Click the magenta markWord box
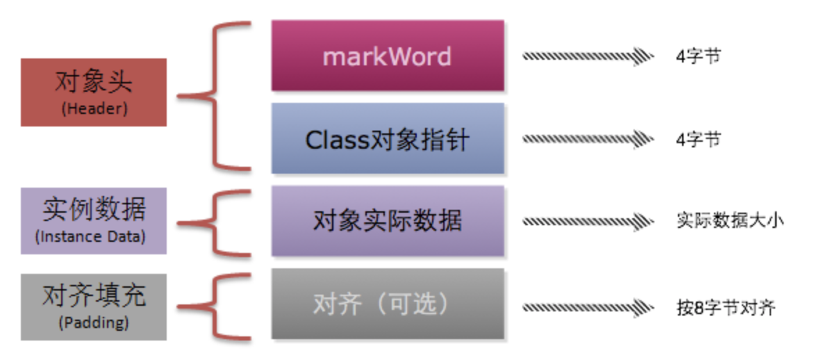pos(387,56)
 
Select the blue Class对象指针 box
pos(387,138)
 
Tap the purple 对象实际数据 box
pos(387,221)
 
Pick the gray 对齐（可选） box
pos(387,304)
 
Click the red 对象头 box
pos(94,92)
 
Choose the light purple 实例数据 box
pos(94,220)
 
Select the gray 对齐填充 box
pos(94,306)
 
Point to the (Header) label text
pos(94,110)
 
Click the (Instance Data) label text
pos(90,237)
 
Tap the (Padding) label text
pos(94,322)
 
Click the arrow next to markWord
pos(587,56)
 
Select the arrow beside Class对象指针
pos(587,140)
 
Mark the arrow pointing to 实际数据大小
pos(587,222)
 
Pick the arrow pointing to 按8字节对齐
pos(587,306)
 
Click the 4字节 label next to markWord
pos(698,56)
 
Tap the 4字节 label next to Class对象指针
pos(698,140)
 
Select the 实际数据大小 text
pos(729,222)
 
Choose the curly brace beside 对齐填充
pos(215,306)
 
